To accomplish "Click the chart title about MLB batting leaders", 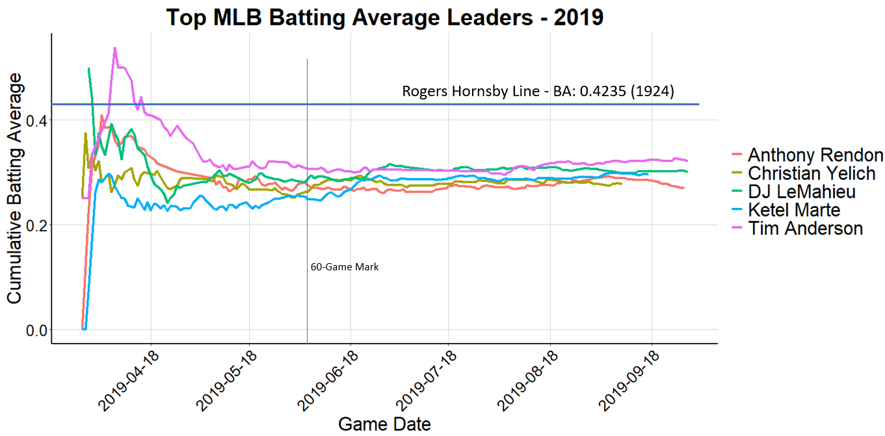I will [385, 18].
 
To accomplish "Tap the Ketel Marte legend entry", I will [793, 210].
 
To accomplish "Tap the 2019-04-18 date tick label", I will [127, 380].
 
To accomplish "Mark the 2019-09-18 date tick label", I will [628, 380].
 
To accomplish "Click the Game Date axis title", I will [384, 424].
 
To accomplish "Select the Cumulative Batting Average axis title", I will [15, 188].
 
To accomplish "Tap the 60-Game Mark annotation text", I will [345, 267].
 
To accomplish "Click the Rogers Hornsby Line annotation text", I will [538, 92].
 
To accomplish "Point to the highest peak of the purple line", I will [114, 48].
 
